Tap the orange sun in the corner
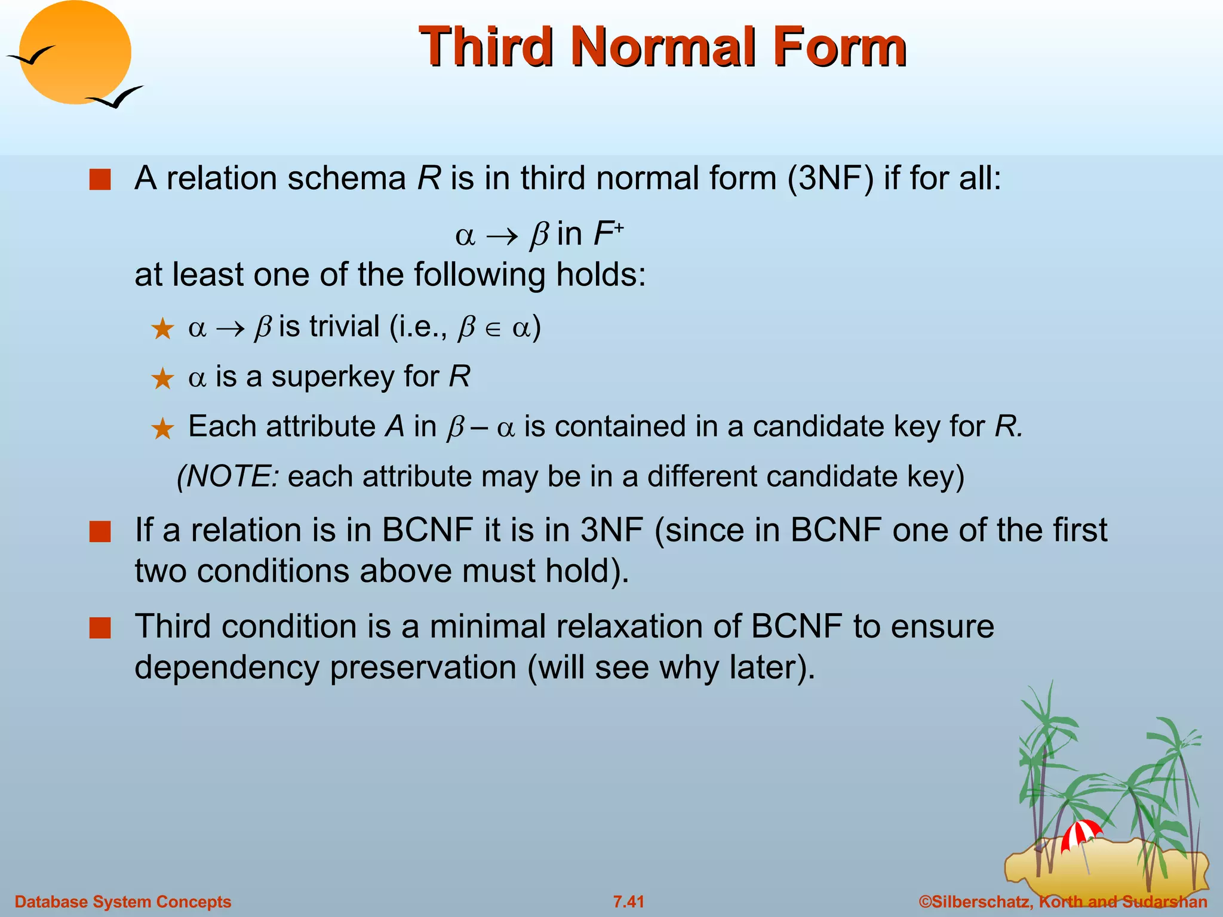pyautogui.click(x=75, y=53)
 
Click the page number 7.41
pyautogui.click(x=628, y=901)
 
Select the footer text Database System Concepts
pyautogui.click(x=122, y=901)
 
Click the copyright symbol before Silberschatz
pyautogui.click(x=925, y=901)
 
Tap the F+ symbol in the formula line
pyautogui.click(x=608, y=233)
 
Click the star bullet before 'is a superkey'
pyautogui.click(x=162, y=379)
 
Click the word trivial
pyautogui.click(x=345, y=327)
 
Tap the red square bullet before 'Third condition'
pyautogui.click(x=100, y=628)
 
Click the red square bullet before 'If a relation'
pyautogui.click(x=100, y=531)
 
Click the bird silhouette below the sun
pyautogui.click(x=115, y=97)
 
